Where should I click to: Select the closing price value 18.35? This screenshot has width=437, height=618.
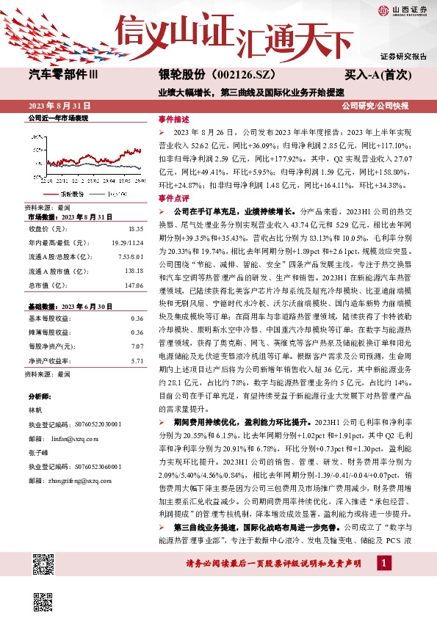135,229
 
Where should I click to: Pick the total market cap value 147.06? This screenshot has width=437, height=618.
132,284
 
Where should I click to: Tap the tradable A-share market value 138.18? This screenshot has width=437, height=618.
132,271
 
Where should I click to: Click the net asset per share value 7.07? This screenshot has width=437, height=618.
135,345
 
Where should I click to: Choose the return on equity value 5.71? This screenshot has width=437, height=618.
135,360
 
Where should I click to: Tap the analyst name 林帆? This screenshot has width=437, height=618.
35,410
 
